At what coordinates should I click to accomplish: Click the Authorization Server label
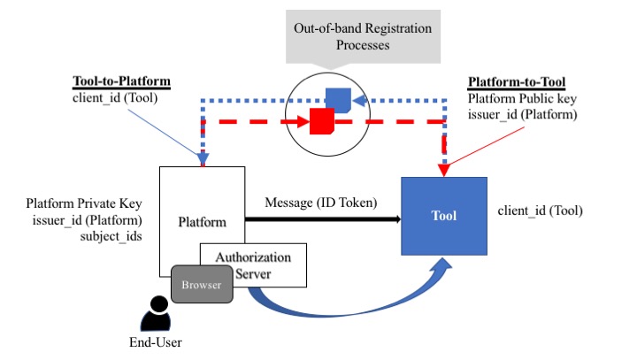pos(255,264)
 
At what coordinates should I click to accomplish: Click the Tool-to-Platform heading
pos(120,82)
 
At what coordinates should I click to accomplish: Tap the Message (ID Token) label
pos(321,203)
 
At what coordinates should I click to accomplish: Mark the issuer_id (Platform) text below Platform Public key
pos(523,113)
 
